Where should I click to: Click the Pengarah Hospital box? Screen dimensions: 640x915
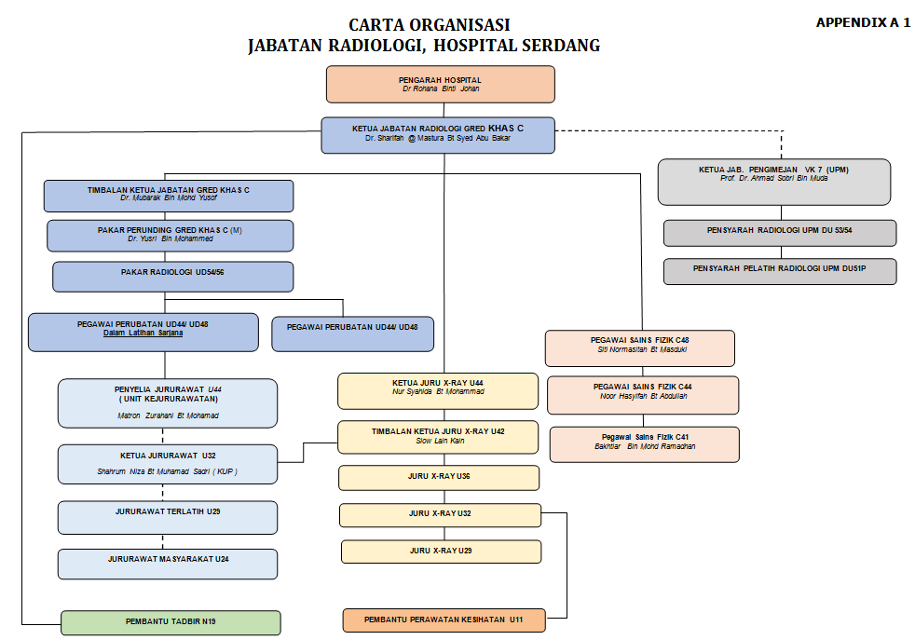tap(440, 84)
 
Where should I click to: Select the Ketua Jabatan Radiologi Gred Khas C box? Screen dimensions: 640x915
tap(438, 135)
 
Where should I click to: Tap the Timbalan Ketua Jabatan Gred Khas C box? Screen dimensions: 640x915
tap(169, 196)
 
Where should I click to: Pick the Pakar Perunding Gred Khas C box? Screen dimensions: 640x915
tap(170, 235)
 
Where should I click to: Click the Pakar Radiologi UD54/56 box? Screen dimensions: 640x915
tap(172, 277)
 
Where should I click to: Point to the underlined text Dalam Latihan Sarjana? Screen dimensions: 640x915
tap(143, 333)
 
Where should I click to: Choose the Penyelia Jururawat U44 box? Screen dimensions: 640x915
tap(168, 402)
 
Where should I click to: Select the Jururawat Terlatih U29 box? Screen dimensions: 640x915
tap(168, 517)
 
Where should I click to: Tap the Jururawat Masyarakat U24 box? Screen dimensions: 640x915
tap(168, 564)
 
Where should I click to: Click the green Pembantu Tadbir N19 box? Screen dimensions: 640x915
tap(171, 621)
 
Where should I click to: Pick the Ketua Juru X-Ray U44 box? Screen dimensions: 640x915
tap(438, 390)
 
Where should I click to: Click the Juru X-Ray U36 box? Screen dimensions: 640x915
tap(439, 477)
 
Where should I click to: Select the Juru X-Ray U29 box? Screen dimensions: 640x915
tap(441, 551)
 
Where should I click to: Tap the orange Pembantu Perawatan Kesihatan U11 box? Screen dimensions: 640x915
tap(444, 620)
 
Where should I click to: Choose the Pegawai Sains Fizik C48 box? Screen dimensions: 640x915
tap(640, 347)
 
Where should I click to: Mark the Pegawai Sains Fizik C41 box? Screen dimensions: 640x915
tap(645, 443)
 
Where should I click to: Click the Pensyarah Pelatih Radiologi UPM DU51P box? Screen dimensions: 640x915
tap(780, 271)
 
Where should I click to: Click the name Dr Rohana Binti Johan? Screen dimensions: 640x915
tap(441, 89)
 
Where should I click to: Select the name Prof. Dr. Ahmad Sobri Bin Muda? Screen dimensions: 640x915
tap(773, 178)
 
